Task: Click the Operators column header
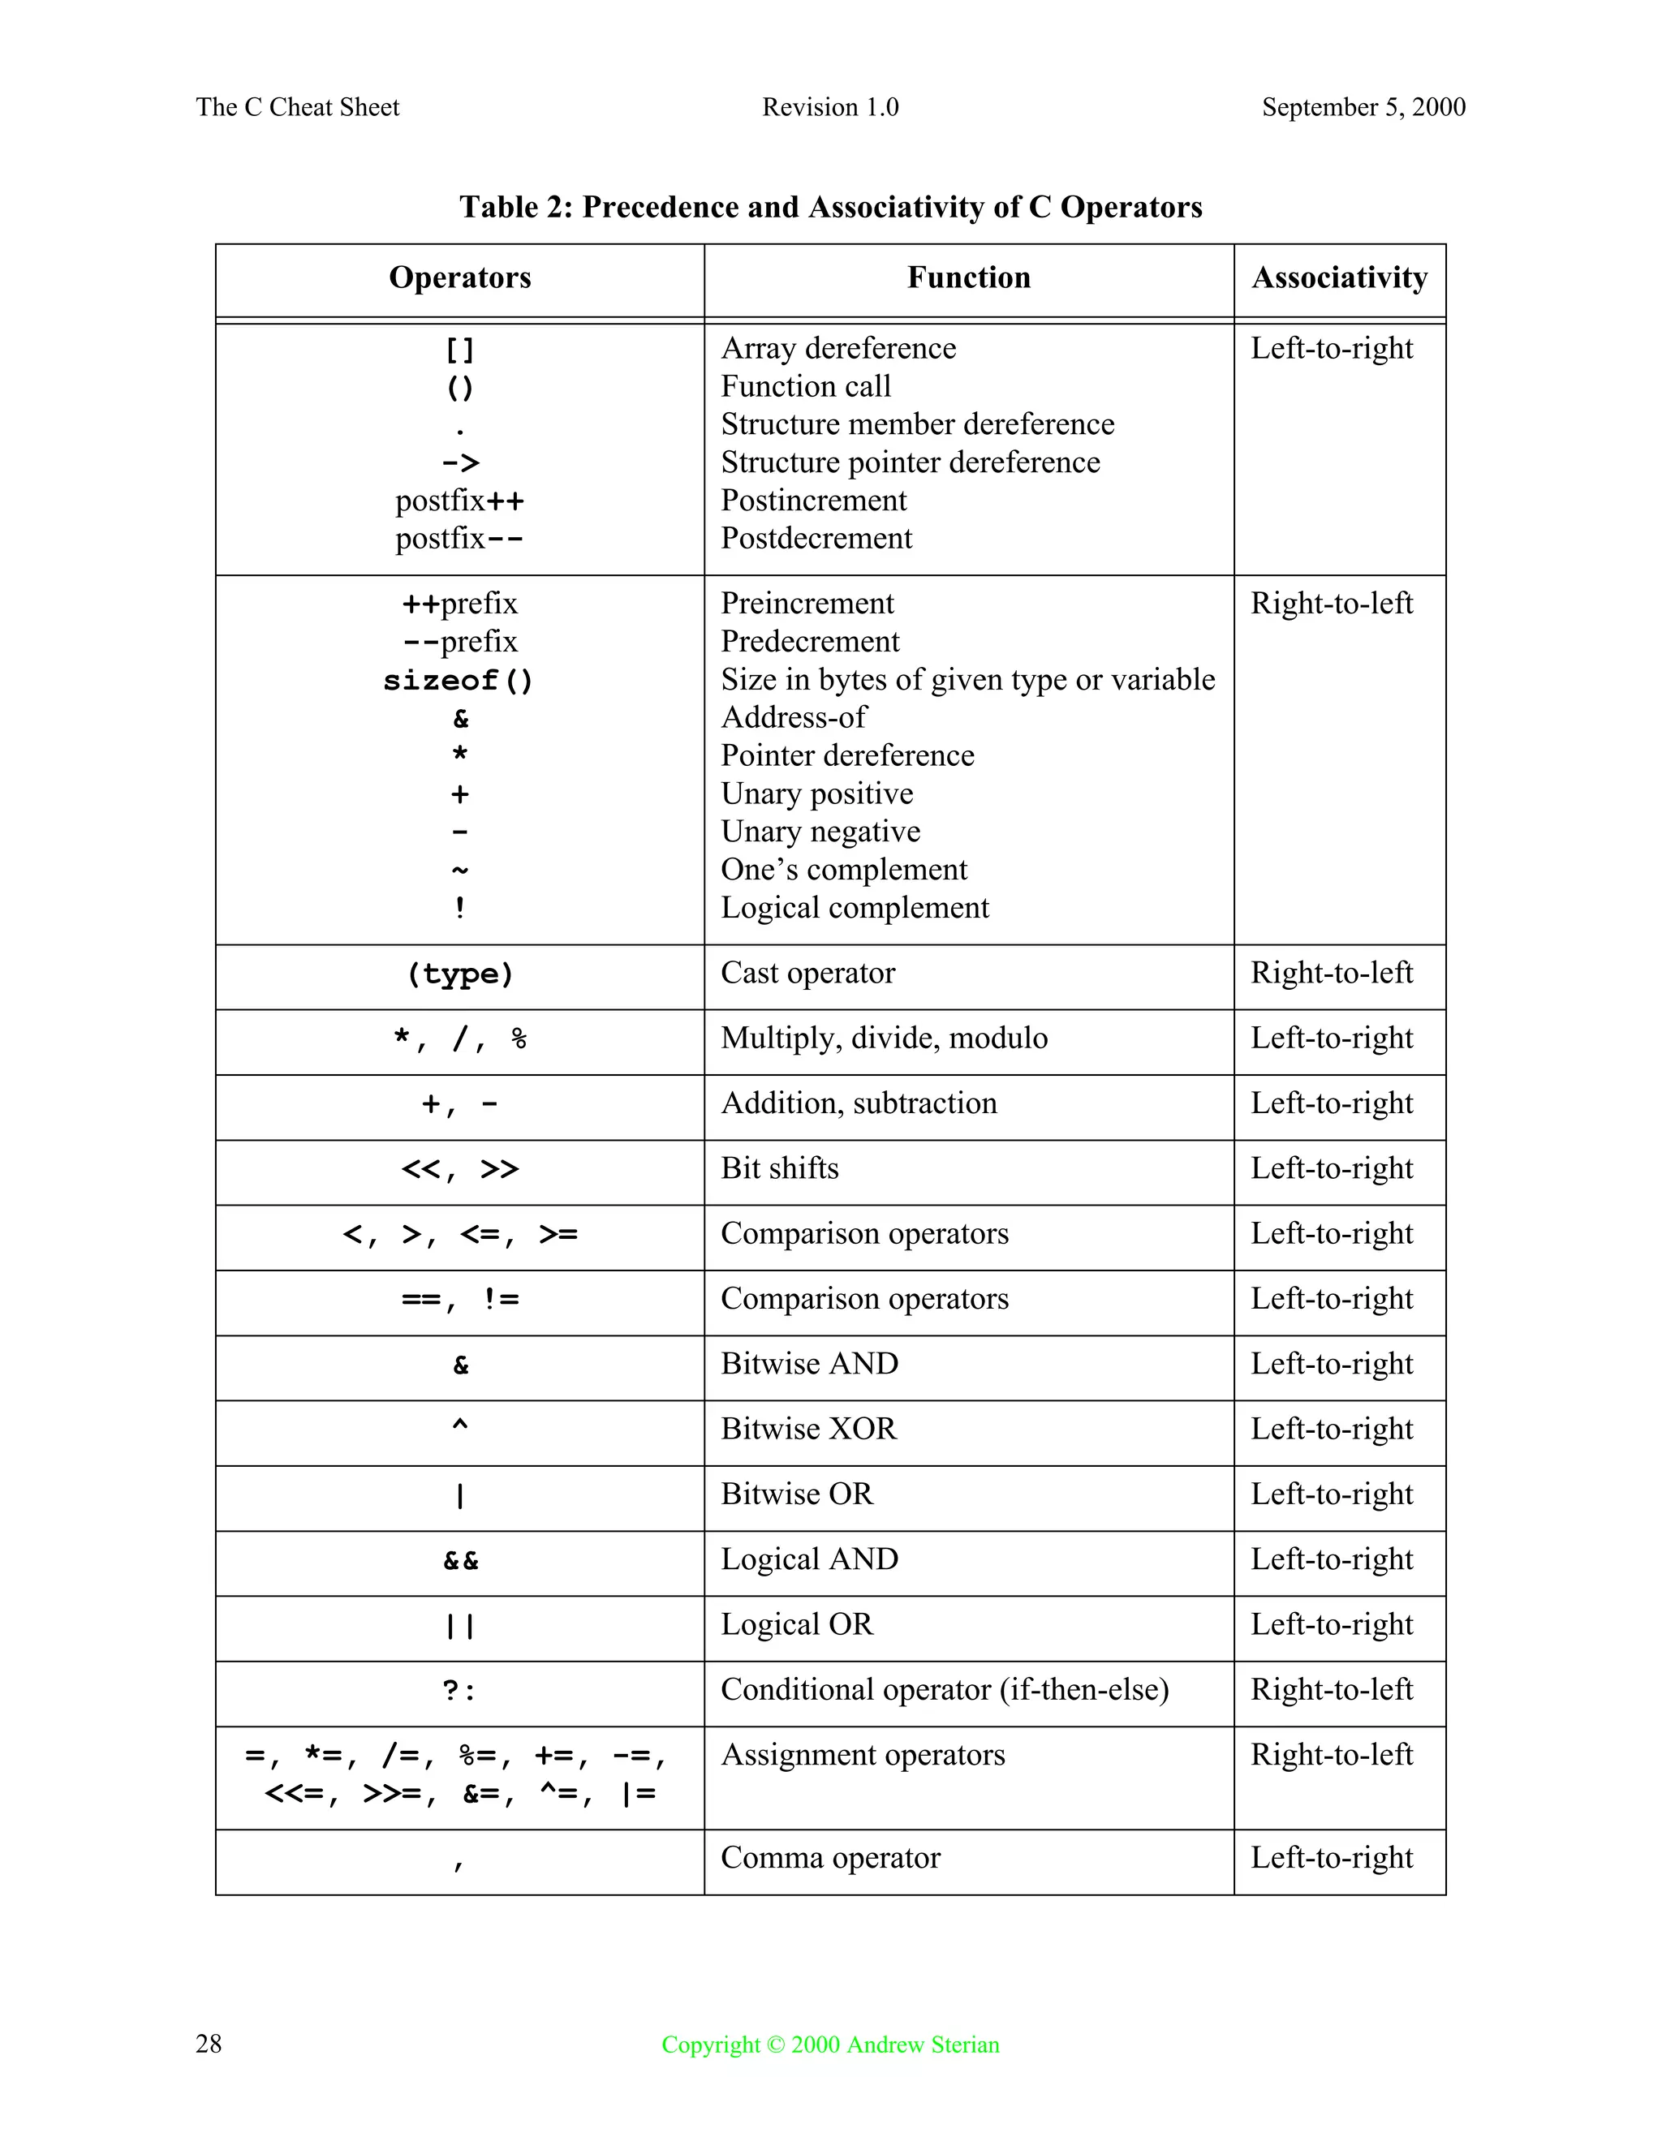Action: pyautogui.click(x=460, y=277)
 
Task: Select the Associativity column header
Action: pyautogui.click(x=1339, y=277)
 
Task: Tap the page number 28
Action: pyautogui.click(x=209, y=2044)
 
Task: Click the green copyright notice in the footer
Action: pyautogui.click(x=830, y=2045)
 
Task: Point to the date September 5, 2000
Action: pyautogui.click(x=1363, y=107)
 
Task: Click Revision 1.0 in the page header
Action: pyautogui.click(x=830, y=107)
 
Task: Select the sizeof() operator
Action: pyautogui.click(x=459, y=680)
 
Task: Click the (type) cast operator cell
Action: pyautogui.click(x=460, y=974)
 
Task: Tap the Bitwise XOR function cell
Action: pyautogui.click(x=808, y=1429)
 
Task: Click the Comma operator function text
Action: pyautogui.click(x=830, y=1858)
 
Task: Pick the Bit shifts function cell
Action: pyautogui.click(x=779, y=1168)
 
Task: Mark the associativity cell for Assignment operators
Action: pyautogui.click(x=1331, y=1754)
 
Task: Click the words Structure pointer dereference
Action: pyautogui.click(x=910, y=462)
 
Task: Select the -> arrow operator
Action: pyautogui.click(x=460, y=462)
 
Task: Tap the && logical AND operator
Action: pyautogui.click(x=460, y=1560)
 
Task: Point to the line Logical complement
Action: pyautogui.click(x=854, y=908)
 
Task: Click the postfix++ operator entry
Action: pyautogui.click(x=460, y=501)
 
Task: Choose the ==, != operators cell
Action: pyautogui.click(x=460, y=1300)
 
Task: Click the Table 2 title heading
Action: pyautogui.click(x=830, y=208)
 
